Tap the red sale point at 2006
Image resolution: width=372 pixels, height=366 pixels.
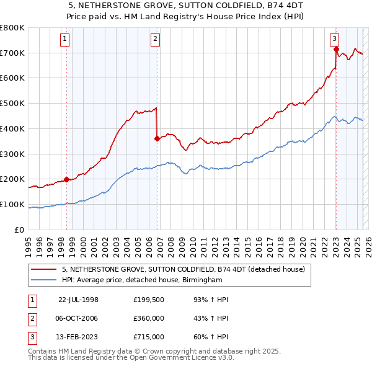pyautogui.click(x=157, y=139)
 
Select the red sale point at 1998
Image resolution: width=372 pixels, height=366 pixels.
pyautogui.click(x=66, y=180)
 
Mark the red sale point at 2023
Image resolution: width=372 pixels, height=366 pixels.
pyautogui.click(x=335, y=49)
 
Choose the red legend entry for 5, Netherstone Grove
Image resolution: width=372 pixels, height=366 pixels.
pyautogui.click(x=183, y=270)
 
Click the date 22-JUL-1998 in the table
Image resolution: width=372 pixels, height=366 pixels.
pyautogui.click(x=78, y=299)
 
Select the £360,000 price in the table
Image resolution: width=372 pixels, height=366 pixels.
pyautogui.click(x=149, y=318)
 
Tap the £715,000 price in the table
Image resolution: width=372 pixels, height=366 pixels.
pyautogui.click(x=149, y=337)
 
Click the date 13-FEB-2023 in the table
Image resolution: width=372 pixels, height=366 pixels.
pyautogui.click(x=78, y=337)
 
